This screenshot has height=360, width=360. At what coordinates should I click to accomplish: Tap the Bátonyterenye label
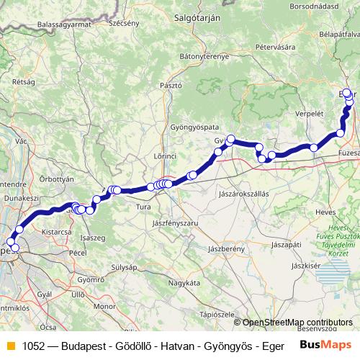[204, 55]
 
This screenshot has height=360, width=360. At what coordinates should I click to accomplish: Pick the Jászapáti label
[287, 245]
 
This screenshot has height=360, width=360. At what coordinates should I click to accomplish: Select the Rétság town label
[23, 82]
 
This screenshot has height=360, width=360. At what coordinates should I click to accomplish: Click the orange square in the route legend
[10, 346]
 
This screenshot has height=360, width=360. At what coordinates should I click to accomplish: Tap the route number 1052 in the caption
[33, 346]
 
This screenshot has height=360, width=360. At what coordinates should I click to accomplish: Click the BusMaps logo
[325, 345]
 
